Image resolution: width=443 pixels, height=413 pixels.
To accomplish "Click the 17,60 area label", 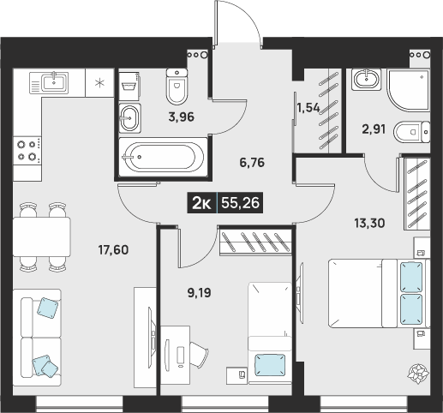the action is pos(113,250).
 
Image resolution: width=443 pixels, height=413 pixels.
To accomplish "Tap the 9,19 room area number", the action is pos(200,293).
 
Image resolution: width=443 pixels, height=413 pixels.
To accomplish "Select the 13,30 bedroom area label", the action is pos(369,223).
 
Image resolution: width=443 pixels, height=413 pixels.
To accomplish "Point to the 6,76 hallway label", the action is pos(252,163).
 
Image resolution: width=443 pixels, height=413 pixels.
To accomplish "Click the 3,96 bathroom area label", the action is pos(182,117).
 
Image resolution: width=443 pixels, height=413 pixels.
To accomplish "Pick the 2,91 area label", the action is pos(374,129).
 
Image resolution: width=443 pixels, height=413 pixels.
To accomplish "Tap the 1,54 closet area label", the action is pos(308,108).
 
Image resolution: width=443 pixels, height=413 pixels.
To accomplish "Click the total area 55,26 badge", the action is pos(240,203).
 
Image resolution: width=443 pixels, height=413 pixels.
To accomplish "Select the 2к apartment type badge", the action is pos(202,203).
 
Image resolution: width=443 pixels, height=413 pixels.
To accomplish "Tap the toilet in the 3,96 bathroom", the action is pos(177,87).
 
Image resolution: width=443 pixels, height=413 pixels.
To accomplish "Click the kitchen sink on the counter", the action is pos(49,83).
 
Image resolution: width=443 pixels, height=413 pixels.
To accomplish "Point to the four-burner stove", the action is pos(27,151).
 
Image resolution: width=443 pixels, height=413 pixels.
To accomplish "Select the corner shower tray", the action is pos(408,90).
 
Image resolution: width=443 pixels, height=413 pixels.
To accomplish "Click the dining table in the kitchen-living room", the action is pos(42,236).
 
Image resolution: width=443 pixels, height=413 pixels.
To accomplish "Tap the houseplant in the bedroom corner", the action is pos(418,374).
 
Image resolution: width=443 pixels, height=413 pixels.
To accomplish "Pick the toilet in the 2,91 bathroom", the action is pos(412,132).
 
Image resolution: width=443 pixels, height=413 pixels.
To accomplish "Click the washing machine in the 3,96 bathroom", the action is pos(129,86).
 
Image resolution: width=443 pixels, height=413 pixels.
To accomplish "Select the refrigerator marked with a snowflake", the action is pos(99,83).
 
